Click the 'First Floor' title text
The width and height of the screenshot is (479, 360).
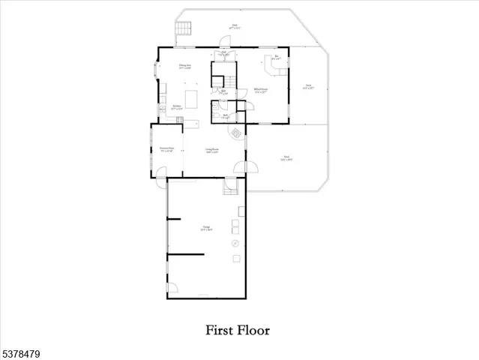click(238, 329)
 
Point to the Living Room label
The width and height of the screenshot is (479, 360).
click(212, 150)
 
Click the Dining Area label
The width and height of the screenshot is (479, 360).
click(182, 67)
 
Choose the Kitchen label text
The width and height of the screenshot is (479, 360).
click(178, 106)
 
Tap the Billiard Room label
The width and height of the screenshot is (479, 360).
click(262, 91)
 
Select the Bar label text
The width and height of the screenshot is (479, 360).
click(277, 57)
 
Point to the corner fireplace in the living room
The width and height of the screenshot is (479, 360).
click(236, 133)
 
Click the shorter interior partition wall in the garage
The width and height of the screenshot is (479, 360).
click(175, 219)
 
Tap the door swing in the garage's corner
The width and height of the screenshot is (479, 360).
click(172, 289)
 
